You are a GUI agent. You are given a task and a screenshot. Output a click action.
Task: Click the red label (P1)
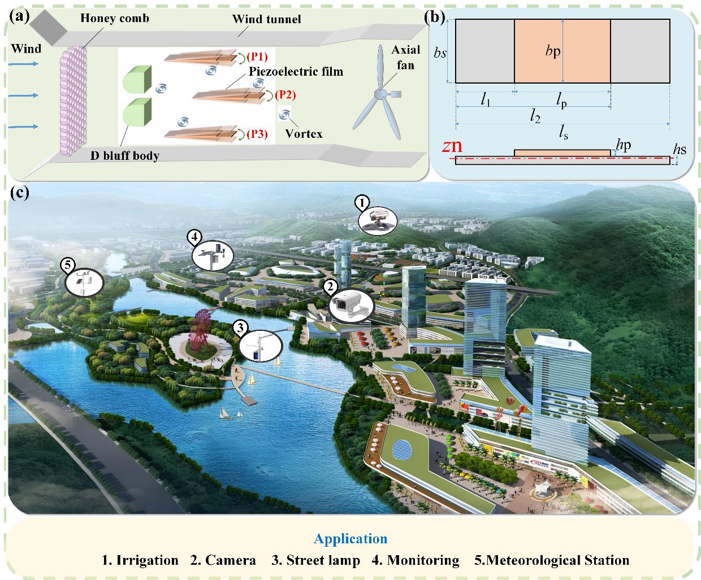click(257, 56)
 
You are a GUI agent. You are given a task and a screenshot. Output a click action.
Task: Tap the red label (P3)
click(257, 134)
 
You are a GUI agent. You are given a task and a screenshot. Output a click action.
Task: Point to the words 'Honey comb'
click(114, 19)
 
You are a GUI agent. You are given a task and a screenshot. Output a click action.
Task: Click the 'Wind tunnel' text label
click(267, 19)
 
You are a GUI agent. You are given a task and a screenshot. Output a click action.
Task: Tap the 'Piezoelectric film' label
click(296, 72)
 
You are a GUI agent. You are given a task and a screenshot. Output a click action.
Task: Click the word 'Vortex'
click(304, 134)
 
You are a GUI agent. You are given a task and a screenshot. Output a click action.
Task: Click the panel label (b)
click(435, 16)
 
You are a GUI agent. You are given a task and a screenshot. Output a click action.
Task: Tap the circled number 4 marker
click(195, 237)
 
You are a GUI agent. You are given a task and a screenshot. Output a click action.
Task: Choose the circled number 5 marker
click(68, 263)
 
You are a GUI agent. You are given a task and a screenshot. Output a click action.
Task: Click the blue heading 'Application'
click(350, 539)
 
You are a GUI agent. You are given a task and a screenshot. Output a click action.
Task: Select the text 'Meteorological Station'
click(557, 560)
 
